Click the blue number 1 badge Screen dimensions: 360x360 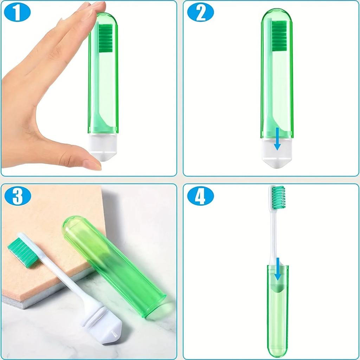17,13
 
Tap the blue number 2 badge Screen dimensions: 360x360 200,13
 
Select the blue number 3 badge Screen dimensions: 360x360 17,197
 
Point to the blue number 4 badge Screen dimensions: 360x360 200,197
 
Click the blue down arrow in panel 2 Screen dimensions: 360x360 277,139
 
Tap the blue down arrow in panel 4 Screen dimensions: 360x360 278,269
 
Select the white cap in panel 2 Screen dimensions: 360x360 277,153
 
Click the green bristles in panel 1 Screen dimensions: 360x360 105,38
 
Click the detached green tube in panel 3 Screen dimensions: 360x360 112,265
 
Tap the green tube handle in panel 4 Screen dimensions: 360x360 277,316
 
